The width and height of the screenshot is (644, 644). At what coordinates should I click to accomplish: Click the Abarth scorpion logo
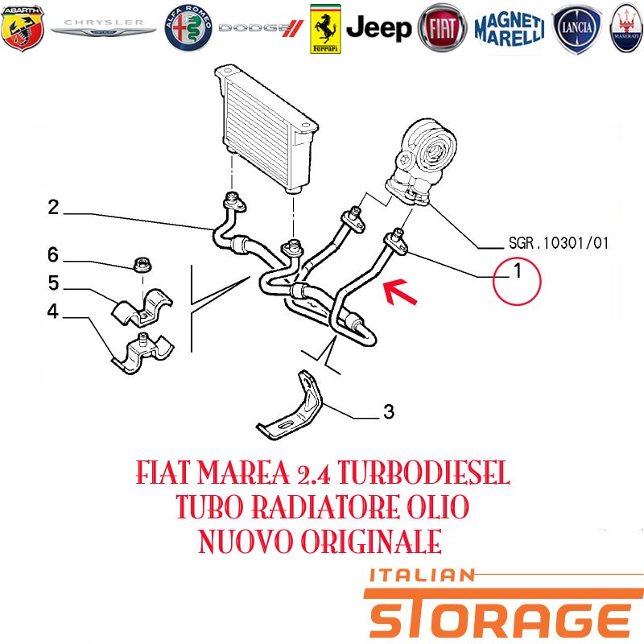coord(23,28)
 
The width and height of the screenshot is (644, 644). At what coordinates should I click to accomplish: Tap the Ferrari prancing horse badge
coord(325,29)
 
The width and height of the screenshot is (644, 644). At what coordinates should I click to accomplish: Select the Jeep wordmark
coord(378,28)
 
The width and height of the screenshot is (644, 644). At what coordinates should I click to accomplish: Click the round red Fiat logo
coord(442,28)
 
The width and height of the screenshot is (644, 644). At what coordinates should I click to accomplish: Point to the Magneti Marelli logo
coord(510,28)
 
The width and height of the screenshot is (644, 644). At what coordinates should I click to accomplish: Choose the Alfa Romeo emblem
coord(188,28)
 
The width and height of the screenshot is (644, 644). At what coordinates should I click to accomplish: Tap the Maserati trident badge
coord(627,28)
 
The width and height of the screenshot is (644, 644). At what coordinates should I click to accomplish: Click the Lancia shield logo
coord(576,28)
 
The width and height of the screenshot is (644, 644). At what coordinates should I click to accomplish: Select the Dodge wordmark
coord(261,28)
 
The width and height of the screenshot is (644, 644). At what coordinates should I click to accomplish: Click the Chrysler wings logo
coord(103,27)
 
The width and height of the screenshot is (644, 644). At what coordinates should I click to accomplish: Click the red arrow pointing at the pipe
coord(399,291)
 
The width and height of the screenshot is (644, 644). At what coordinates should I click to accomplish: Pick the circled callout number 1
coord(517,281)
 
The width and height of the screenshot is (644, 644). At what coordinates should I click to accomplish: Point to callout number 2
coord(53,208)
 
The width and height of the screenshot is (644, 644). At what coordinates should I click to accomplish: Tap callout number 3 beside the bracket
coord(389,411)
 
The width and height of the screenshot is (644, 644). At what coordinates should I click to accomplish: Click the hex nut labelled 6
coord(142,264)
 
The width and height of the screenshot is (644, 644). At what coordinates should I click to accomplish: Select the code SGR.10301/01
coord(558,243)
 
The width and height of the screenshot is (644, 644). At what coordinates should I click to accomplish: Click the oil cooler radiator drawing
coord(266,129)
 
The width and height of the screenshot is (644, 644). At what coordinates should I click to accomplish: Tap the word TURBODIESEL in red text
coord(423,473)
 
